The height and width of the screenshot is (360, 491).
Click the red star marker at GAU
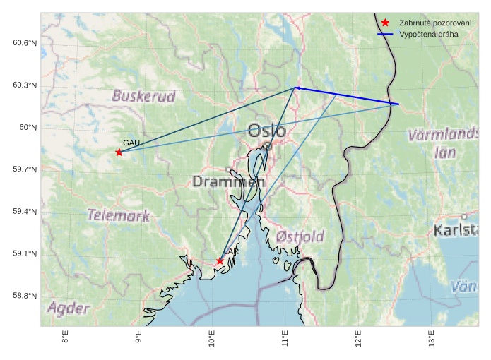tap(119, 152)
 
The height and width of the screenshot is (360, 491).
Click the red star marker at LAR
tap(220, 261)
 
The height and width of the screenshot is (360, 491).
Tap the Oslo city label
tap(266, 131)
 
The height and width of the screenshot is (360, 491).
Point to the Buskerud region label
tap(143, 96)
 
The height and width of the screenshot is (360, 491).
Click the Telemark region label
tap(118, 215)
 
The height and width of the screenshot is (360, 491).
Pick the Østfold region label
tap(300, 236)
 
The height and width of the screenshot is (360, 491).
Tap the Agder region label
tap(69, 308)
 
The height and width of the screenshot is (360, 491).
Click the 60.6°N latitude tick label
tap(24, 44)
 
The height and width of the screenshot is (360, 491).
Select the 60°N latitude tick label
tap(27, 128)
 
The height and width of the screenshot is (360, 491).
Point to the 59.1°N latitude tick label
tap(24, 254)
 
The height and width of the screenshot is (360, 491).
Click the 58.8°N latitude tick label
tap(24, 296)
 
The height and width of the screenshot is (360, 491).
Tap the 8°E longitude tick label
tap(66, 338)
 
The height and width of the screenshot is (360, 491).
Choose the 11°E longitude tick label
tap(285, 338)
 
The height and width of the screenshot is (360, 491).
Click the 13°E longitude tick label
tap(431, 338)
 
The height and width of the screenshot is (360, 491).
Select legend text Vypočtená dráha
tap(424, 35)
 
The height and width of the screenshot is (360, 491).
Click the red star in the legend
tap(385, 23)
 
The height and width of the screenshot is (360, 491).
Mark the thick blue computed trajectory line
tap(346, 95)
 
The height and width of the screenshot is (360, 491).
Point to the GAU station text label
tap(131, 143)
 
